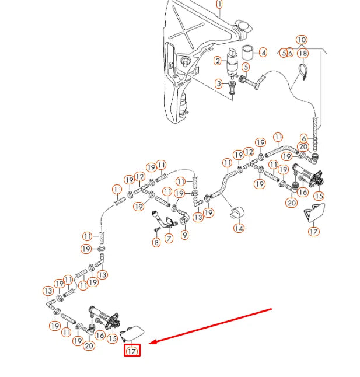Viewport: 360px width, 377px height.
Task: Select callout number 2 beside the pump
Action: pyautogui.click(x=218, y=61)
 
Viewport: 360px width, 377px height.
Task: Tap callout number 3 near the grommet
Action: pyautogui.click(x=219, y=84)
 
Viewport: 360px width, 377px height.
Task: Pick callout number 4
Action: pyautogui.click(x=263, y=53)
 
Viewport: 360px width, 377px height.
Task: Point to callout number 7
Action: pyautogui.click(x=169, y=239)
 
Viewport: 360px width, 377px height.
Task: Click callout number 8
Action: pyautogui.click(x=156, y=242)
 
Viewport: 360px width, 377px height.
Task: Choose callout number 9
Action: pyautogui.click(x=185, y=235)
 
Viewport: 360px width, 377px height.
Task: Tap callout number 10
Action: pyautogui.click(x=301, y=40)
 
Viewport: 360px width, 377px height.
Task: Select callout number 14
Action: pyautogui.click(x=239, y=228)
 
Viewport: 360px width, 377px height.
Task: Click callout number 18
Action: pyautogui.click(x=302, y=53)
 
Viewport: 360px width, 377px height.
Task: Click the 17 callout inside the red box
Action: pyautogui.click(x=132, y=351)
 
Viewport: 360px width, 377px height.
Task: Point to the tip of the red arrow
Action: pyautogui.click(x=150, y=343)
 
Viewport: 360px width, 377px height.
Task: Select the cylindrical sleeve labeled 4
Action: pyautogui.click(x=247, y=53)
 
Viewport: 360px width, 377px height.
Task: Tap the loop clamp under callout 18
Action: pyautogui.click(x=304, y=73)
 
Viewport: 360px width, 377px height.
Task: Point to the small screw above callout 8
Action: pyautogui.click(x=156, y=230)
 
